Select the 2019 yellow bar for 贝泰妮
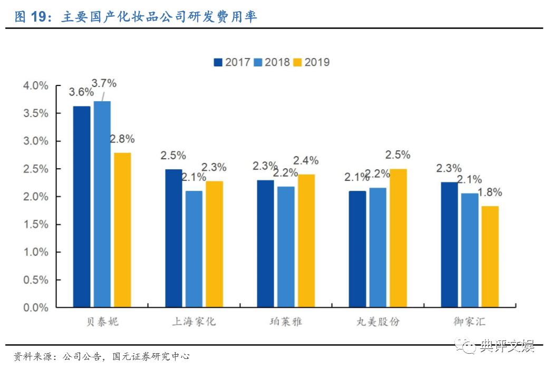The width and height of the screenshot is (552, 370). tap(122, 230)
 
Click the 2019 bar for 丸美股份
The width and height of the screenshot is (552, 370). tap(398, 238)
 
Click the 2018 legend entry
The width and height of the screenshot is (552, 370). tap(272, 62)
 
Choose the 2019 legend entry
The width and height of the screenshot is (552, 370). tap(311, 62)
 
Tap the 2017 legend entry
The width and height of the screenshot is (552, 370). tap(232, 62)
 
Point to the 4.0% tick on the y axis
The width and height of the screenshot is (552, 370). tap(36, 85)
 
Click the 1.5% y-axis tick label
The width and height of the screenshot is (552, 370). tap(36, 225)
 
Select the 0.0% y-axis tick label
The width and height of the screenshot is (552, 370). tap(36, 308)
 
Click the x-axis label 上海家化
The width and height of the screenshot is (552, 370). tap(194, 322)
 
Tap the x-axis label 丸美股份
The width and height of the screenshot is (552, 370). tap(378, 322)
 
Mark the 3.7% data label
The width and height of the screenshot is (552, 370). tap(104, 83)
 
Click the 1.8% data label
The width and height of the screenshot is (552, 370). tap(489, 193)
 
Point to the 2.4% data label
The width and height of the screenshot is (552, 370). tap(306, 161)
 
